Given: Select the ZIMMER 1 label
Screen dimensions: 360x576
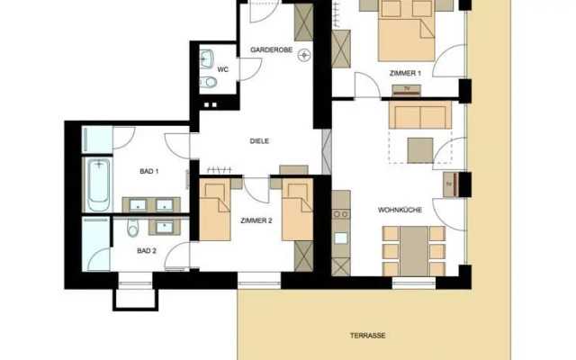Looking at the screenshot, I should tap(404, 73).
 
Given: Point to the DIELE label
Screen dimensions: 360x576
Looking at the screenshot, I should tap(259, 141).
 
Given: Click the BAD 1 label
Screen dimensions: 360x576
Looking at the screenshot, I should tap(149, 171).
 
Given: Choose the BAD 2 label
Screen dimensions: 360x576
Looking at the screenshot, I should tap(147, 251).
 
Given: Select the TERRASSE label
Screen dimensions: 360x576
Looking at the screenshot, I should tap(368, 335).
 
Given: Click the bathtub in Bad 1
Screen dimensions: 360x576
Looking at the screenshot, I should tap(97, 184).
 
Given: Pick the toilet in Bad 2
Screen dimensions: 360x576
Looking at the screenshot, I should tap(131, 225).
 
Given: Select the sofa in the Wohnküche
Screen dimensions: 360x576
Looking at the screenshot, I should tap(418, 117).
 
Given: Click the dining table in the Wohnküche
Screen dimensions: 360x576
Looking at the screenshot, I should tap(414, 246).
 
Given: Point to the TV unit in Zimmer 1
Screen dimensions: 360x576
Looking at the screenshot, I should tap(408, 88).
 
